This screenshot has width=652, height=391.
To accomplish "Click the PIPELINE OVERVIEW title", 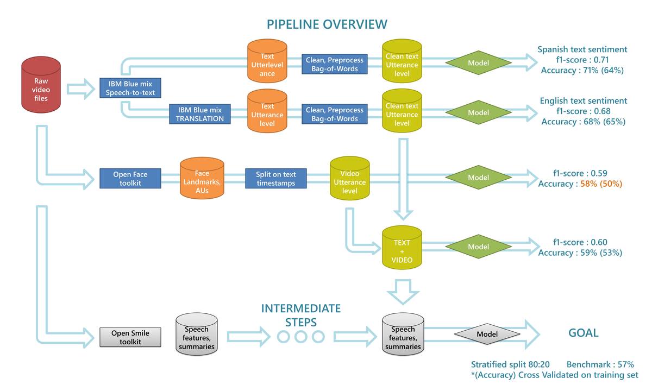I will [327, 24].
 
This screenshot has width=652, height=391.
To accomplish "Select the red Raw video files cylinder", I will [41, 89].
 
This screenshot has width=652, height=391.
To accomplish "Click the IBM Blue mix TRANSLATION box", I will [199, 114].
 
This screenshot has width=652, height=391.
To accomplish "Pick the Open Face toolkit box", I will [130, 179].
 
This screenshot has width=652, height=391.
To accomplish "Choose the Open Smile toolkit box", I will [130, 337].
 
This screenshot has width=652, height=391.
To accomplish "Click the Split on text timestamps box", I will [275, 179].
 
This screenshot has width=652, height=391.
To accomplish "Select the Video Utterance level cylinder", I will [350, 178].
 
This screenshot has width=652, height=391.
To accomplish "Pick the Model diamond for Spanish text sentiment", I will [479, 62].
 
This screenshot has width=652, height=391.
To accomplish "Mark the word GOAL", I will [583, 333].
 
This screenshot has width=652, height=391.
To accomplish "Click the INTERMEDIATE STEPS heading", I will [301, 315].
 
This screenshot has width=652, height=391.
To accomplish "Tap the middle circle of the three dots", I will [301, 337].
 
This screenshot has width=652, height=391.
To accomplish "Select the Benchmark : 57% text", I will [600, 365].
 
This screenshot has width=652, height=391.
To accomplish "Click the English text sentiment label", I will [583, 100].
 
